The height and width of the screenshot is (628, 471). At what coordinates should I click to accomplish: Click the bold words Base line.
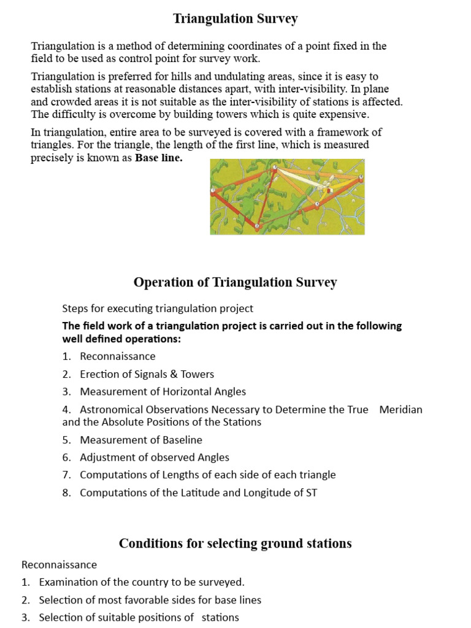159,158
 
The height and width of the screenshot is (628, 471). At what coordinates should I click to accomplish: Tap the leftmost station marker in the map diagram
213,191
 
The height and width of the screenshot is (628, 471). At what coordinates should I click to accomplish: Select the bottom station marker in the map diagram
257,227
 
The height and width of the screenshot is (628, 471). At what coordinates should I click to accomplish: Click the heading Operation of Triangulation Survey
235,282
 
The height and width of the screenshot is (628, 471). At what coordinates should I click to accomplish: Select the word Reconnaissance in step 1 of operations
118,356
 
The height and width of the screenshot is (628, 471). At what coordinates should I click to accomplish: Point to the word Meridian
401,409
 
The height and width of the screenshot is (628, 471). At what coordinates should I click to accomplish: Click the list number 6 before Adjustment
66,457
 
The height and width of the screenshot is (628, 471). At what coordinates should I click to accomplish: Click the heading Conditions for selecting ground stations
235,543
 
